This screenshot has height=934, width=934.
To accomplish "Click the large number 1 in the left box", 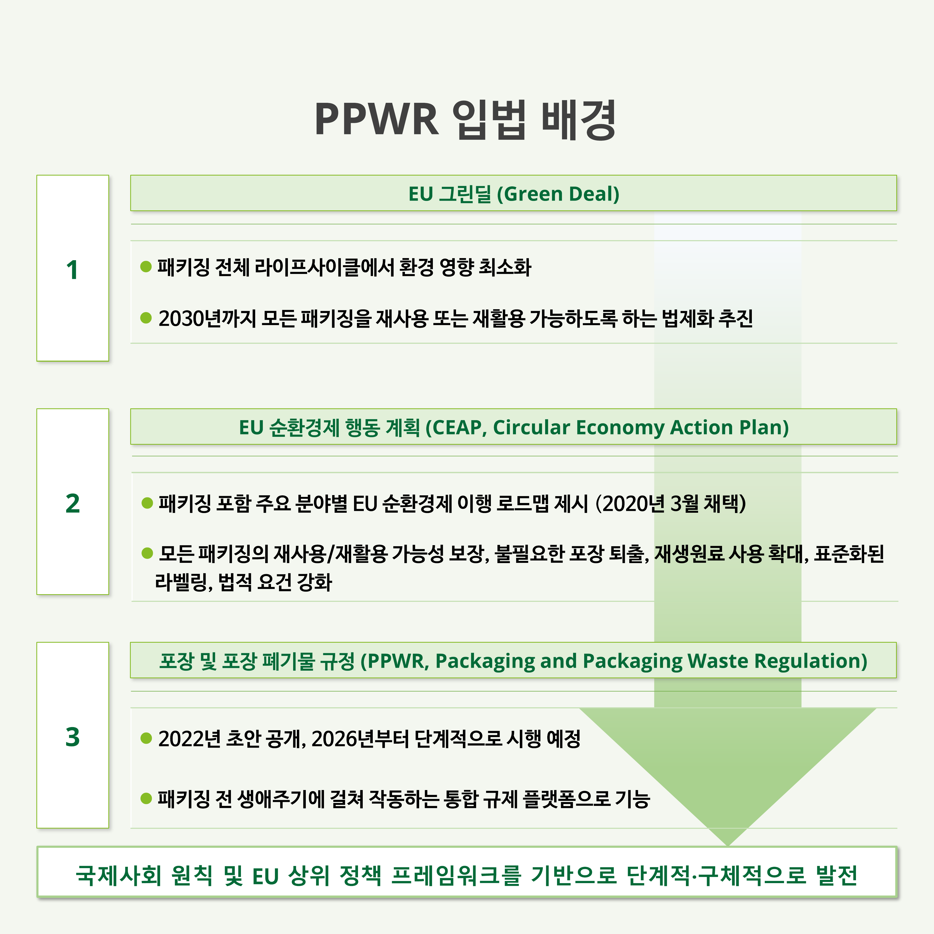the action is (x=72, y=270).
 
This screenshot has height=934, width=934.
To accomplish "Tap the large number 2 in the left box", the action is (x=72, y=503).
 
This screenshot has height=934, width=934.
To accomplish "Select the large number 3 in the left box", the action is (x=72, y=737).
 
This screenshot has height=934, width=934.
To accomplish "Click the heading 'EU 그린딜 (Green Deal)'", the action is (x=514, y=194).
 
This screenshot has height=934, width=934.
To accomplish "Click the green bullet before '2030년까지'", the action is (x=146, y=318).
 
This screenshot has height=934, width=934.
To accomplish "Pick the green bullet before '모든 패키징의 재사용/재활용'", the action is (x=147, y=553).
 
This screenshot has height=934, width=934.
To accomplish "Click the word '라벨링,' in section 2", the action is (x=184, y=582).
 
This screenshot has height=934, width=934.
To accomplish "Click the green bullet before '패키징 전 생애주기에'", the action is (x=146, y=798).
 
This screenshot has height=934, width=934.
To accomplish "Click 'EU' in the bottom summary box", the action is (x=266, y=877).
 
